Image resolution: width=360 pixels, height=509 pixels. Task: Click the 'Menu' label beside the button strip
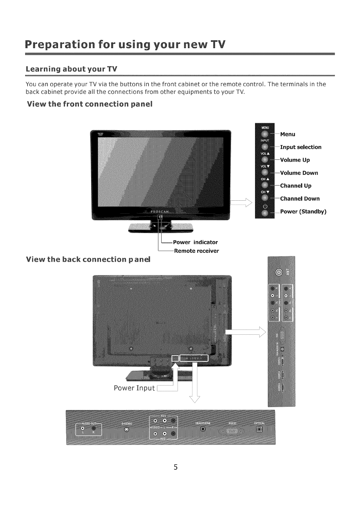pyautogui.click(x=288, y=134)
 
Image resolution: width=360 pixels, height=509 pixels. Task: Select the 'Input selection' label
pyautogui.click(x=301, y=147)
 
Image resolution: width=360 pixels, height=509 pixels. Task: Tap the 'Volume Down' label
pyautogui.click(x=299, y=173)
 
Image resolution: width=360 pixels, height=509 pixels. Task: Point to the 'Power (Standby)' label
pyautogui.click(x=303, y=212)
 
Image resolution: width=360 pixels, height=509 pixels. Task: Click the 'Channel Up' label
pyautogui.click(x=296, y=186)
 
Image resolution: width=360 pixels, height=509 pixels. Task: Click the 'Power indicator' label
pyautogui.click(x=195, y=242)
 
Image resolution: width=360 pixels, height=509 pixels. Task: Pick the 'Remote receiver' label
pyautogui.click(x=196, y=251)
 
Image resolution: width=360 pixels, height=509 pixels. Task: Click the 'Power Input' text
pyautogui.click(x=134, y=388)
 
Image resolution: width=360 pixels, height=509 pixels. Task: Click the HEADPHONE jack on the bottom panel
pyautogui.click(x=203, y=430)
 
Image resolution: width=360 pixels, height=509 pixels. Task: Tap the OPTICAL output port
pyautogui.click(x=259, y=430)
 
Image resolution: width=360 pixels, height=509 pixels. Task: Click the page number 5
pyautogui.click(x=175, y=467)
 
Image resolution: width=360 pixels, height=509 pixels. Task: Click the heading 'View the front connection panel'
pyautogui.click(x=90, y=104)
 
